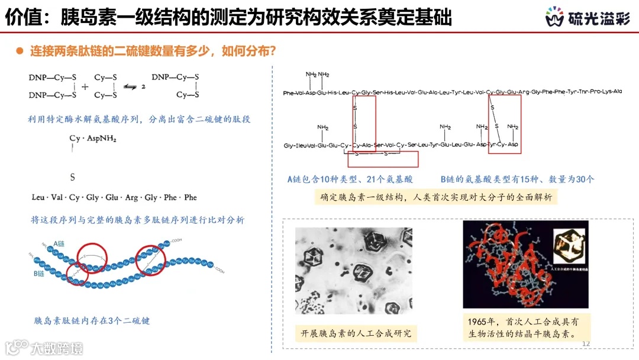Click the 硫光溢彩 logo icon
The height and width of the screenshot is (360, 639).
pyautogui.click(x=554, y=18)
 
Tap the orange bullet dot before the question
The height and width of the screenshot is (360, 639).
pyautogui.click(x=20, y=52)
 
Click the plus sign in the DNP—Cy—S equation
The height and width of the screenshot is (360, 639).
pyautogui.click(x=84, y=86)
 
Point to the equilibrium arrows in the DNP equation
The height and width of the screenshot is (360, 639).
pyautogui.click(x=130, y=87)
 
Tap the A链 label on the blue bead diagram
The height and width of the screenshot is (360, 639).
pyautogui.click(x=60, y=243)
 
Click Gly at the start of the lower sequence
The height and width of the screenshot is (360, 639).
pyautogui.click(x=289, y=145)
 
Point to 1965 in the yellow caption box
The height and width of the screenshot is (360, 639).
pyautogui.click(x=477, y=322)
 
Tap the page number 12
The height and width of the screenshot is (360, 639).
pyautogui.click(x=586, y=344)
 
